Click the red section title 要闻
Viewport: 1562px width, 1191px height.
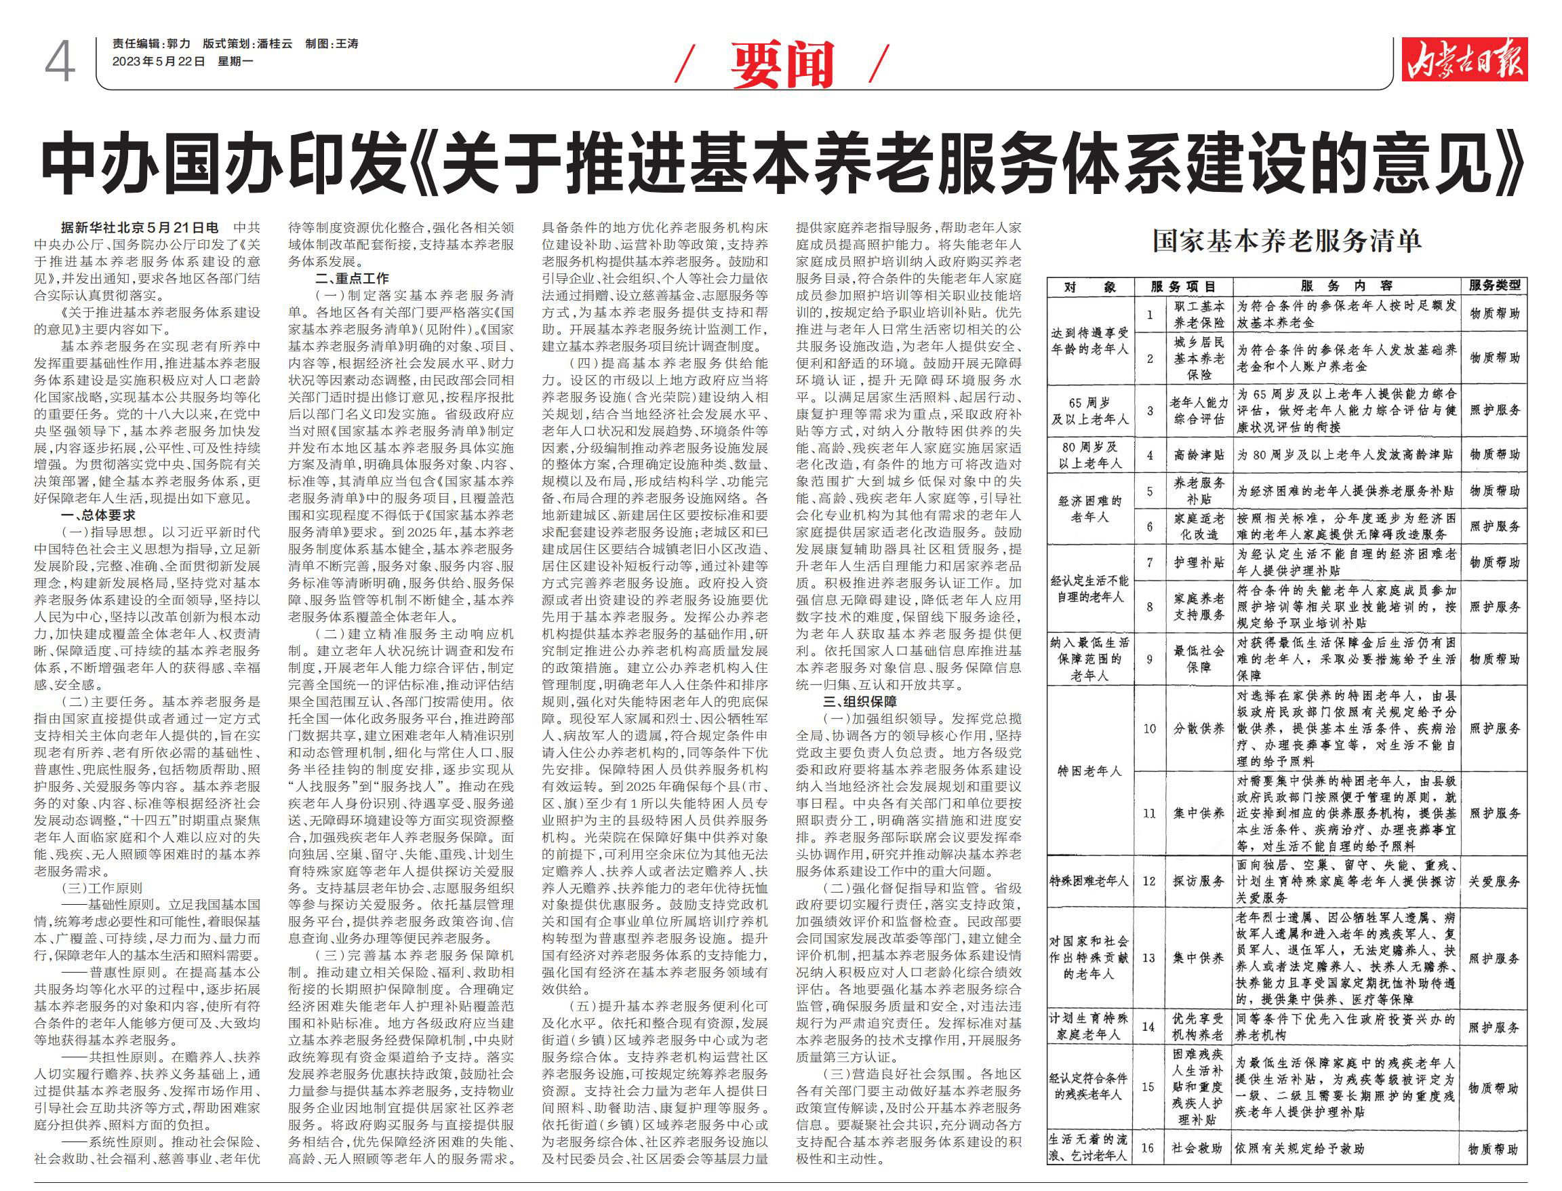(782, 65)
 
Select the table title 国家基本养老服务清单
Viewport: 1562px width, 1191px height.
(1285, 241)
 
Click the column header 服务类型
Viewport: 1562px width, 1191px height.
(1494, 286)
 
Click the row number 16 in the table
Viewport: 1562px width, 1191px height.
(1149, 1148)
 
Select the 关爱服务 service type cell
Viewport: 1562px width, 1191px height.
(1494, 881)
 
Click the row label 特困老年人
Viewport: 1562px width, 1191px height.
(1090, 771)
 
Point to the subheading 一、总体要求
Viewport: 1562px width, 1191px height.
(98, 515)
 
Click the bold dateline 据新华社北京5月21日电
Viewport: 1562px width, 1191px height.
(140, 228)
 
